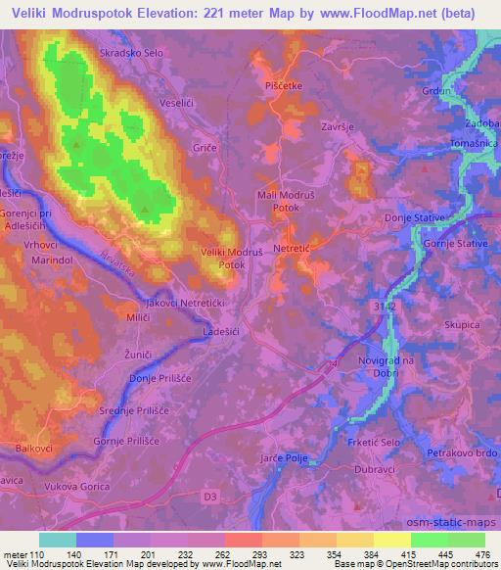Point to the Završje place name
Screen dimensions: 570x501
pos(337,127)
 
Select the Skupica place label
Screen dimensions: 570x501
pos(461,324)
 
